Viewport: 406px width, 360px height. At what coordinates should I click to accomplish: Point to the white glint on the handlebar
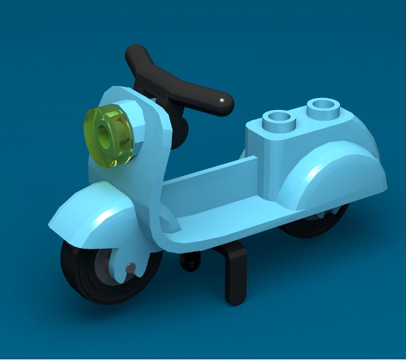pyautogui.click(x=221, y=100)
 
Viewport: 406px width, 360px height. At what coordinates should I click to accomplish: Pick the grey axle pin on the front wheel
pyautogui.click(x=131, y=268)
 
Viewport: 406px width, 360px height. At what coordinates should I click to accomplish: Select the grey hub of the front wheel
pyautogui.click(x=107, y=270)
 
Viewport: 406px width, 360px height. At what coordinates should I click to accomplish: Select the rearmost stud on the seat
pyautogui.click(x=323, y=106)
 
